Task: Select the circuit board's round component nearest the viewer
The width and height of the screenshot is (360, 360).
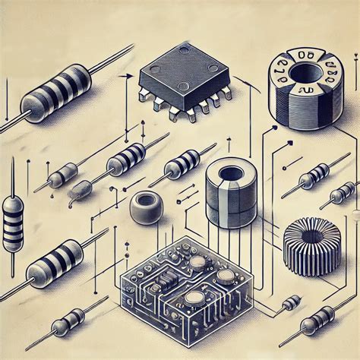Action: coord(193,297)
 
